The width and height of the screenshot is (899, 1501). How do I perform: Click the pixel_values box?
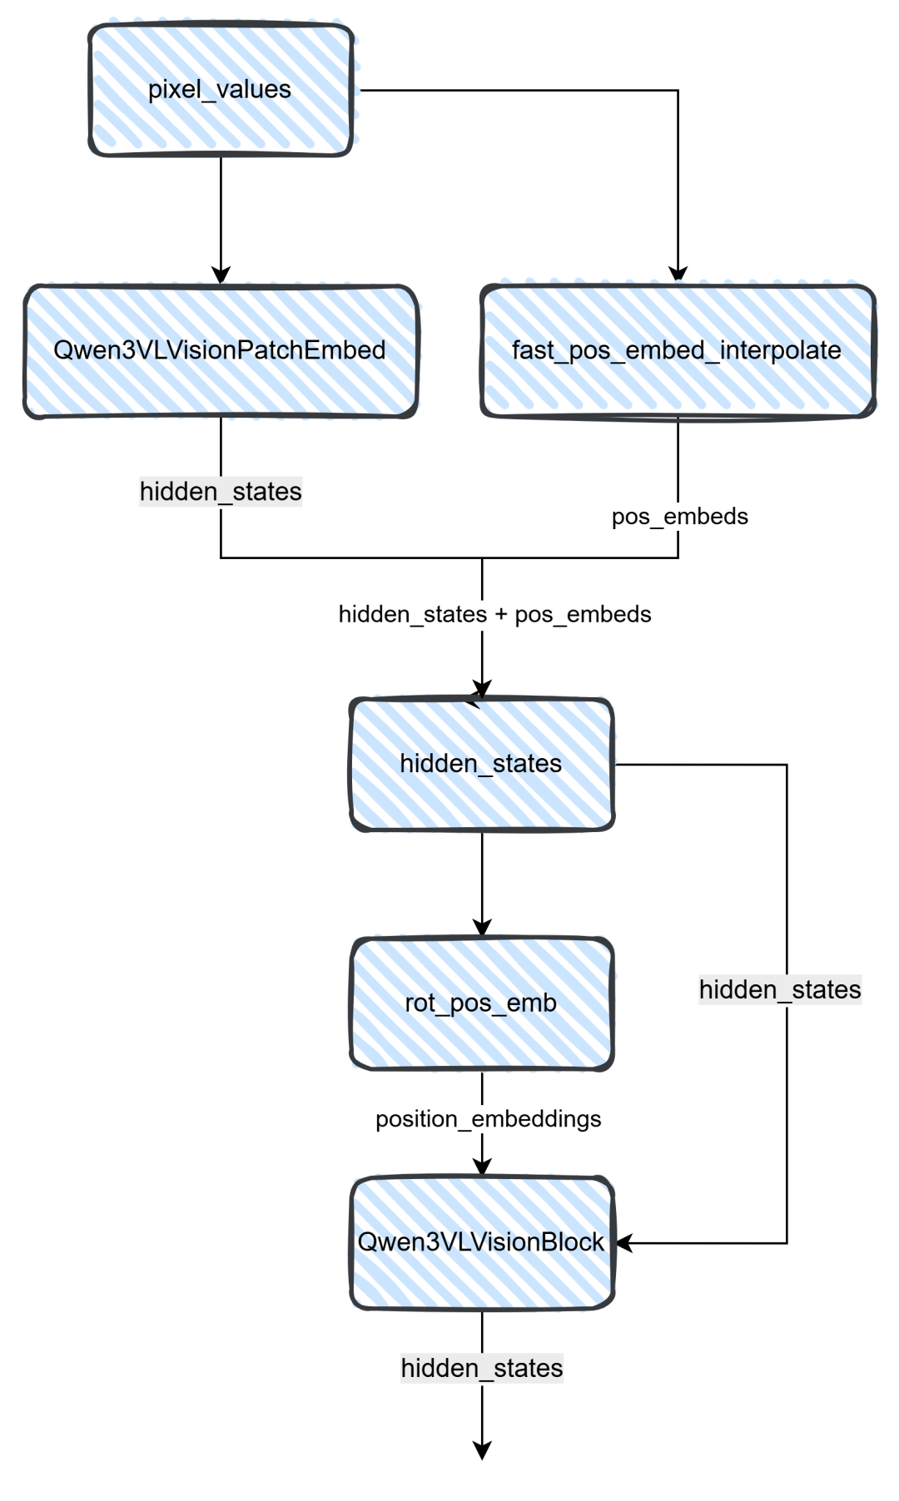[x=221, y=90]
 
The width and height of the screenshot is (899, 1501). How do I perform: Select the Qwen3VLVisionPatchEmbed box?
[x=221, y=350]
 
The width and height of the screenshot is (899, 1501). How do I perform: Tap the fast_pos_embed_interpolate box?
[x=678, y=350]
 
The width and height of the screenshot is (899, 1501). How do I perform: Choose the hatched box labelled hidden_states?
[x=482, y=764]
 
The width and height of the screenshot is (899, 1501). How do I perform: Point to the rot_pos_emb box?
[x=482, y=1003]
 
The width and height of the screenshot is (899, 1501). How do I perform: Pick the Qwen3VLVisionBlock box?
[x=482, y=1242]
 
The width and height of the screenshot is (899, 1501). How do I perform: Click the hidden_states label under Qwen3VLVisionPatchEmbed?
[x=221, y=492]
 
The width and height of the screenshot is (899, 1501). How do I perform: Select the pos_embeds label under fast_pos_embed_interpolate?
[x=679, y=517]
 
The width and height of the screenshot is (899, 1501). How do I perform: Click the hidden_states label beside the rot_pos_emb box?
[x=780, y=990]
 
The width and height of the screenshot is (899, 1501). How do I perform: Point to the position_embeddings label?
[x=488, y=1119]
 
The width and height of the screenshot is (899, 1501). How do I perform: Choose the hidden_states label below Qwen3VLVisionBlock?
[x=482, y=1369]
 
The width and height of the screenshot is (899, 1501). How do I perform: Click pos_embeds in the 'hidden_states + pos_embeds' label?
[x=583, y=615]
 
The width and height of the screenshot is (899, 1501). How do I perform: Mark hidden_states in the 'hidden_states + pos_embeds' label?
[x=412, y=615]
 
